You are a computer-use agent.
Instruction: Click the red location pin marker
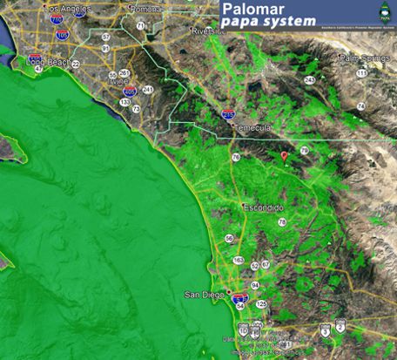click(x=285, y=156)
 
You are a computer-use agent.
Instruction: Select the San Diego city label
click(x=205, y=294)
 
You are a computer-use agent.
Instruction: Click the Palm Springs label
click(x=362, y=58)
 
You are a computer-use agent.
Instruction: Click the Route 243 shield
click(x=309, y=80)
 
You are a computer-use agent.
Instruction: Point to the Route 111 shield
click(x=360, y=73)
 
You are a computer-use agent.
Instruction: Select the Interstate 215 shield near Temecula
click(x=228, y=112)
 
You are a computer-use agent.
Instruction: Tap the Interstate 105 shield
click(x=62, y=35)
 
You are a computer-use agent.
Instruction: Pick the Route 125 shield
click(x=262, y=302)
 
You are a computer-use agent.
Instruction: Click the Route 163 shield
click(x=239, y=261)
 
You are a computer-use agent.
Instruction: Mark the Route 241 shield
click(x=148, y=90)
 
